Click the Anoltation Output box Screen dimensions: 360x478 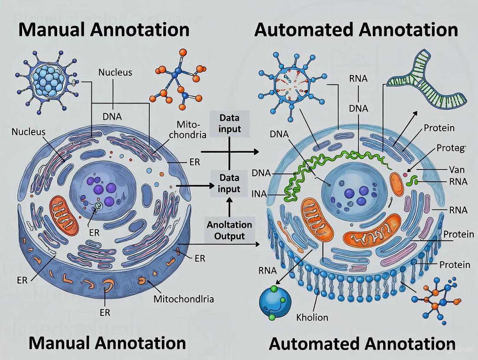coord(229,230)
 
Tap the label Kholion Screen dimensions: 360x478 coord(312,317)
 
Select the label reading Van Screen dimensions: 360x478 coord(456,170)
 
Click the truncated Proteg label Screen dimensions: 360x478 coord(450,148)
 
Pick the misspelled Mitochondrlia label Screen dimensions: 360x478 coord(184,299)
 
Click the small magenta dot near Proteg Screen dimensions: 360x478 coord(405,175)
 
